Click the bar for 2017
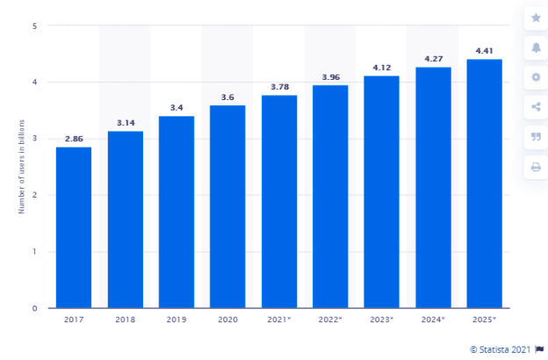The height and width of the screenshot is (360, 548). [74, 227]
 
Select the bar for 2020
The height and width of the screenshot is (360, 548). [227, 206]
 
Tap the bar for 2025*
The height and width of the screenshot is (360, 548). [484, 184]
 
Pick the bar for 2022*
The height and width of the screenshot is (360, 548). [330, 197]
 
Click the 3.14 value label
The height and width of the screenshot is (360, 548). [125, 122]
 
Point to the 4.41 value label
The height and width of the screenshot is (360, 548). [484, 50]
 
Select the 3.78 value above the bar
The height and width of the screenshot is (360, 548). [279, 86]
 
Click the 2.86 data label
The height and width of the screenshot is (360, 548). [74, 138]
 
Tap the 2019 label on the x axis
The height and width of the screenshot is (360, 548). [177, 320]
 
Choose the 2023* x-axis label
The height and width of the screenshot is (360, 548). [382, 320]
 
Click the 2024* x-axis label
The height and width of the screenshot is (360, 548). [433, 320]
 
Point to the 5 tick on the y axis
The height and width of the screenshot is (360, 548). [34, 26]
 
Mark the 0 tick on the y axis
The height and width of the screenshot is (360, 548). [34, 308]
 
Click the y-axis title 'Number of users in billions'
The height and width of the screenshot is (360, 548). [20, 168]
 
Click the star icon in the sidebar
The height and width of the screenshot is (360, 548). [536, 18]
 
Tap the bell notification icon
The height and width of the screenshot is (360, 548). [536, 47]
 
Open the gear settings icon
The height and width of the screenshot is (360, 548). [536, 77]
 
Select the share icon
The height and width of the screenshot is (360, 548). [536, 107]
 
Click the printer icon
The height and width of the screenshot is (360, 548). [536, 167]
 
